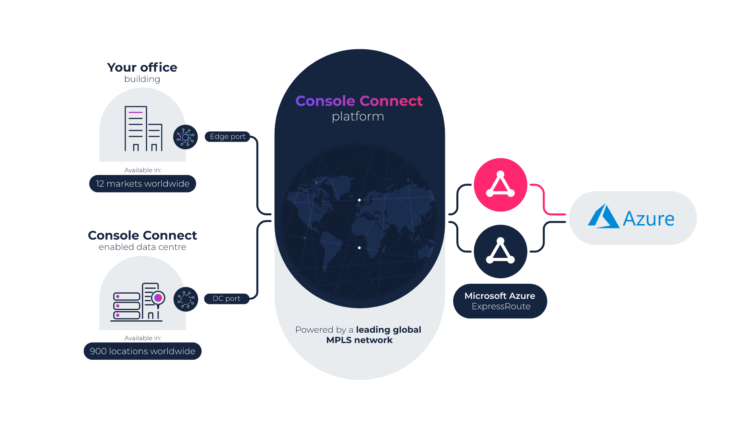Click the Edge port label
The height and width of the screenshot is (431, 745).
coord(227,137)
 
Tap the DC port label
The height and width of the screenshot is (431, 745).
coord(226,298)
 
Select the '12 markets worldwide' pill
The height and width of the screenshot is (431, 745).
coord(143,184)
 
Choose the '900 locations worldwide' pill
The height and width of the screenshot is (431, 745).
coord(143,351)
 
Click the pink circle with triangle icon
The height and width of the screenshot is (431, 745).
coord(501,185)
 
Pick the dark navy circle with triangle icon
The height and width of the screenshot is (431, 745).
coord(501,252)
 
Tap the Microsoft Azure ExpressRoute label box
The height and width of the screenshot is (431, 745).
coord(500,301)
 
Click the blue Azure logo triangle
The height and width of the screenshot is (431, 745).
coord(603,217)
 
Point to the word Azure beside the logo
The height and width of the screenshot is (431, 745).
coord(648,219)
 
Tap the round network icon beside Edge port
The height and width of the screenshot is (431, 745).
coord(186,137)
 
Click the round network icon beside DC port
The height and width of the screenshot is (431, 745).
coord(186,299)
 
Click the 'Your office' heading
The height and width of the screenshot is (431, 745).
coord(142,68)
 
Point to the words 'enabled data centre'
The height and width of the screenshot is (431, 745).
coord(142,247)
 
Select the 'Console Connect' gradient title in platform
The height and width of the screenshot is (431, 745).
coord(359,101)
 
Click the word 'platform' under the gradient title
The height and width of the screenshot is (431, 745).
coord(358,117)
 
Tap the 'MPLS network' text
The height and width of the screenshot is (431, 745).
coord(359,340)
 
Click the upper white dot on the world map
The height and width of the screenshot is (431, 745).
coord(359,200)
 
